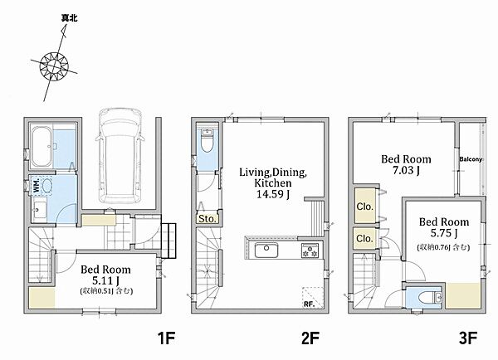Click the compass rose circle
coord(54,52)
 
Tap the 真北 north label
coord(69,18)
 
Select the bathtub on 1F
coord(41,146)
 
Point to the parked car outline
coord(120,156)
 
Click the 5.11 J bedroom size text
coord(105,280)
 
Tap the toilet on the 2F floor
coord(207,141)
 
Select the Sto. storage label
coord(207,218)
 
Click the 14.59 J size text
coord(273,194)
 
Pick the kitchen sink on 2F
coord(266,250)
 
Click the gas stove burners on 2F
coord(310,251)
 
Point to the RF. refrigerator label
coord(309,304)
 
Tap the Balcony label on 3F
coord(471,159)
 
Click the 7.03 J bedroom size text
coord(406,171)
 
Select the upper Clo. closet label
coord(364,207)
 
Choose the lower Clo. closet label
coord(364,238)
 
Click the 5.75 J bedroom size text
coord(444,233)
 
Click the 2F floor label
coord(310,338)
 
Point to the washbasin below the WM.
coord(39,210)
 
